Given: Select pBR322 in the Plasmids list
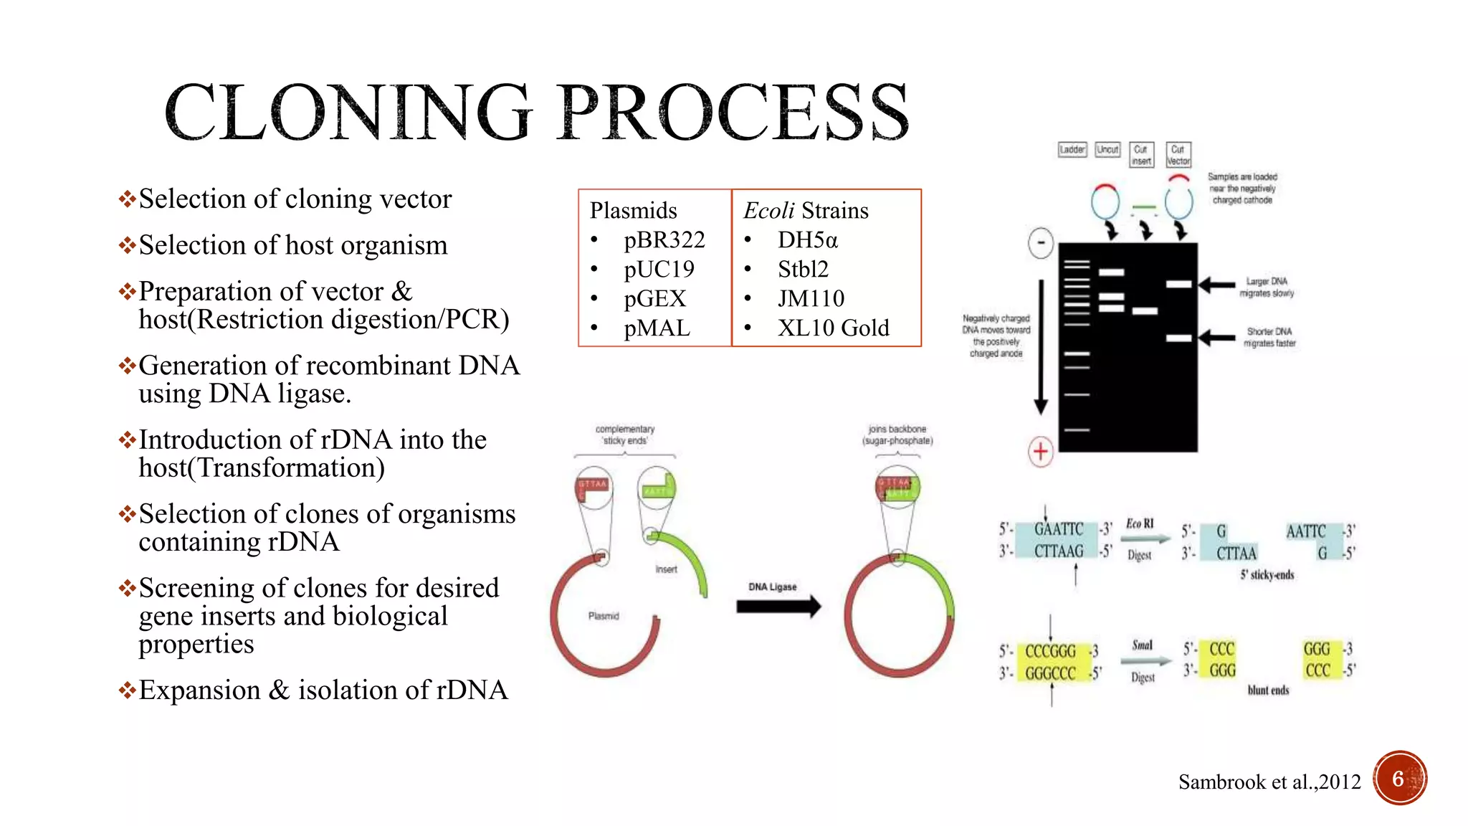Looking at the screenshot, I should coord(664,239).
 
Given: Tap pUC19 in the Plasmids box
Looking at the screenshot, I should coord(659,269).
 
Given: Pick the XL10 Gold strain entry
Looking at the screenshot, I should coord(833,328).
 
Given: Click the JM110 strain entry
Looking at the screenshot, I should coord(811,298).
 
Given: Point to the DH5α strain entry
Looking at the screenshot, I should coord(807,239).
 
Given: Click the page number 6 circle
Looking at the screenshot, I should coord(1399,779).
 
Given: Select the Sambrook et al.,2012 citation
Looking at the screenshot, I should coord(1269,782).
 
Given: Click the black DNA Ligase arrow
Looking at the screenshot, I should coord(778,607).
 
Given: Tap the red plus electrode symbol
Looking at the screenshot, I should coord(1040,452).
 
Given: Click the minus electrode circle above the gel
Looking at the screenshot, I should coord(1040,242).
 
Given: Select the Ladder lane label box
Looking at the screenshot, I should coord(1072,149).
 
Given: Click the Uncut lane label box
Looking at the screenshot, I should coord(1107,149).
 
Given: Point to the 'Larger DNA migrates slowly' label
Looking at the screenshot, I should coord(1267,287).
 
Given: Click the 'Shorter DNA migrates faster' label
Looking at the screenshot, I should coord(1269,337).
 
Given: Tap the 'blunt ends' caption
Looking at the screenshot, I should coord(1268,690).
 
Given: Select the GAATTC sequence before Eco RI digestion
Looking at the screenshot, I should coord(1058,529).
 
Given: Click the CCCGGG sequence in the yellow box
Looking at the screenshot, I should coord(1050,651).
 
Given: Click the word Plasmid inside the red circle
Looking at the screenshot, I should coord(603,616).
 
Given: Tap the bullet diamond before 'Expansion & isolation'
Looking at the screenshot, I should coord(128,690).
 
